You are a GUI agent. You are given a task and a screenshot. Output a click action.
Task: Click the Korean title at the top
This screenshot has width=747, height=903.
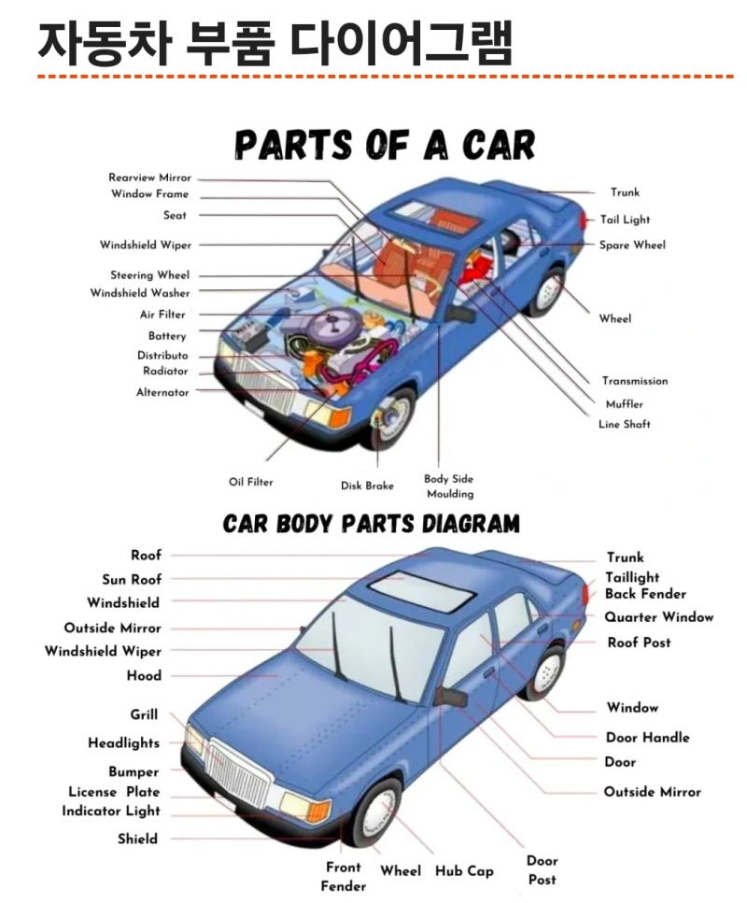tap(275, 42)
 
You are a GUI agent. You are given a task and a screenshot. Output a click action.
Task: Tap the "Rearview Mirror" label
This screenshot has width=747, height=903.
tap(149, 177)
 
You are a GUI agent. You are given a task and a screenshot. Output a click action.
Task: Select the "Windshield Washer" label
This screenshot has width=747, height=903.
tap(139, 293)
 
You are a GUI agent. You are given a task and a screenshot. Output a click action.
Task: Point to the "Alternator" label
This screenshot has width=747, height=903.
tap(162, 392)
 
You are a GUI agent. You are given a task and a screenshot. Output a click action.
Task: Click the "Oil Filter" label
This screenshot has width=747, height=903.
tap(251, 483)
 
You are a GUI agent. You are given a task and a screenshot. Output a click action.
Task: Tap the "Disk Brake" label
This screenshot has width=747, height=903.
tap(367, 486)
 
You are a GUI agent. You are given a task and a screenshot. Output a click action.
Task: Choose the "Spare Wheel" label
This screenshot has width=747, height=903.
tap(632, 246)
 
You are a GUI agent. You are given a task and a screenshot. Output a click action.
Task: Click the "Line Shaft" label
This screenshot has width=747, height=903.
tap(624, 425)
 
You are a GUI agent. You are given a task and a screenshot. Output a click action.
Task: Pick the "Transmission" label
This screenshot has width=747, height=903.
tap(634, 381)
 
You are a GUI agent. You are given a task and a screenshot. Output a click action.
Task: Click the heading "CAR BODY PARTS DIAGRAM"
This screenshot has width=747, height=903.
tap(371, 523)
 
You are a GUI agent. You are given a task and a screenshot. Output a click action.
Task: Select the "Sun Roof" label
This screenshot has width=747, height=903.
tap(132, 580)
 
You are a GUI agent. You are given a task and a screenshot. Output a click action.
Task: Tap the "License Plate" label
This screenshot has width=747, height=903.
tap(114, 792)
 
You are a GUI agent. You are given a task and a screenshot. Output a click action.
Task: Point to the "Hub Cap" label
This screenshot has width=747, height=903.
tap(464, 871)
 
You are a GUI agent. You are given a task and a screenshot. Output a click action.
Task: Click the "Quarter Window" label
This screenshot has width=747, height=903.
tap(658, 617)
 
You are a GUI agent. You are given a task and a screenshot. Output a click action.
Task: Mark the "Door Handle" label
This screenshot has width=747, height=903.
tap(647, 738)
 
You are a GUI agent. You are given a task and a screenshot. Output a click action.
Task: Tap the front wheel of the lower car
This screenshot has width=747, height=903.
tap(376, 812)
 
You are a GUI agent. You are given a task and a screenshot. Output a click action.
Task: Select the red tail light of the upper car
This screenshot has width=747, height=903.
tap(584, 220)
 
